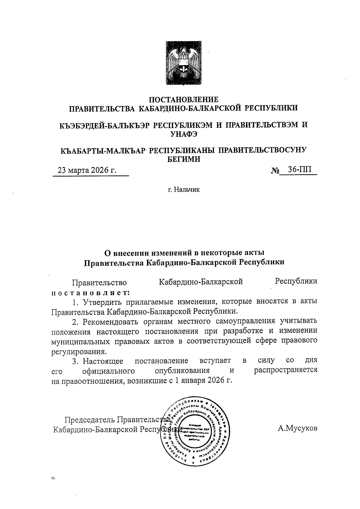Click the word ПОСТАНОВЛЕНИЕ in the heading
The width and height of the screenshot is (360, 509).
[184, 99]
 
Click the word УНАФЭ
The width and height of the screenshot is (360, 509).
[184, 134]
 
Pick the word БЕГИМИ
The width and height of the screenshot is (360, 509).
[184, 159]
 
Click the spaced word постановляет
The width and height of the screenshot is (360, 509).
[91, 292]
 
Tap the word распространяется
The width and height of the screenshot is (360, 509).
[286, 370]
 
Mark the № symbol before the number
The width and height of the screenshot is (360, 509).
[275, 171]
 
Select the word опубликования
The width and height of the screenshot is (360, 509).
[182, 370]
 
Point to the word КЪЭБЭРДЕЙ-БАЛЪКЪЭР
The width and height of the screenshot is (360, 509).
[105, 125]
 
